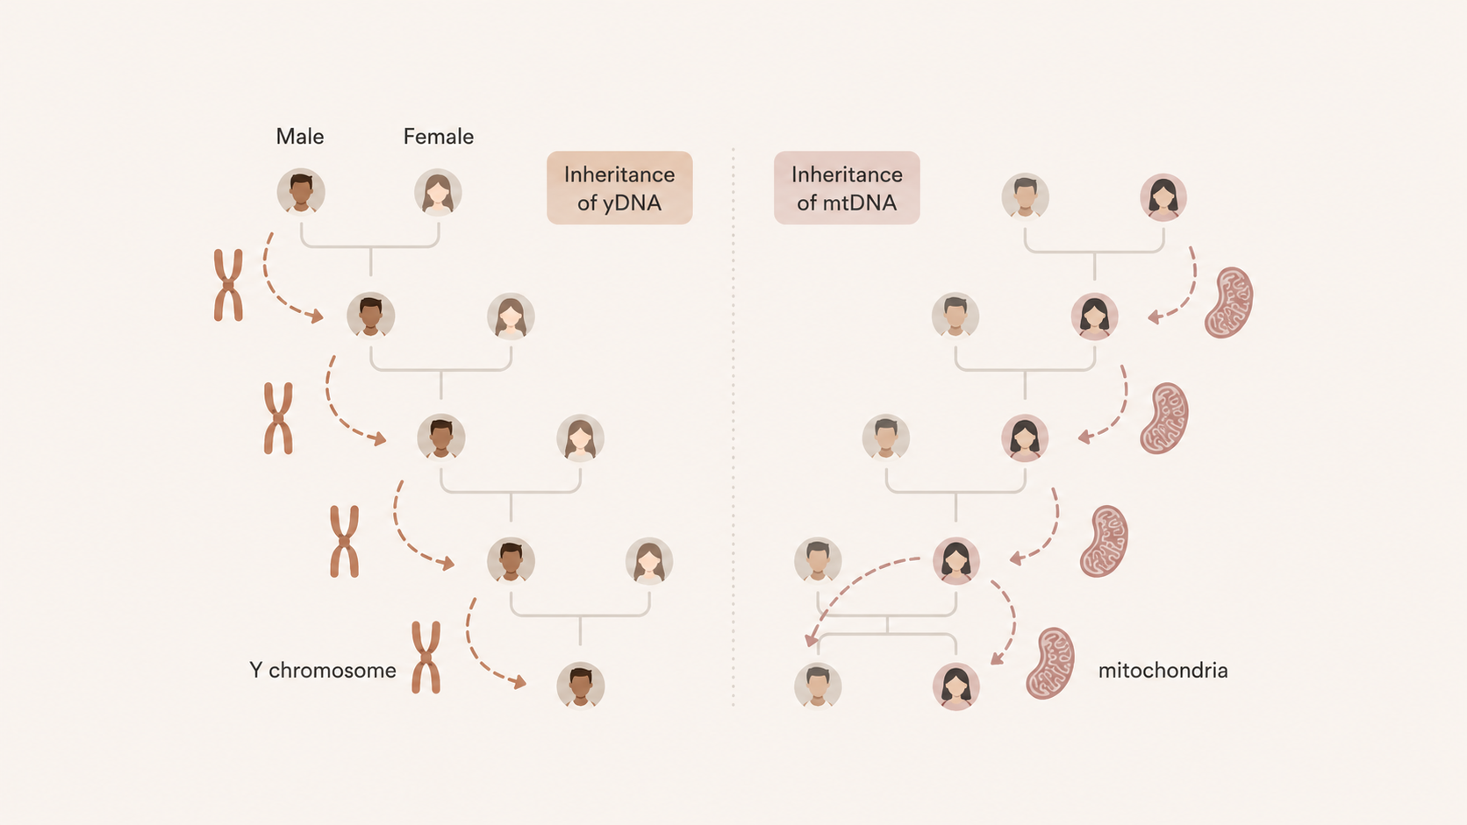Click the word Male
[x=300, y=137]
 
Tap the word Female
[x=438, y=137]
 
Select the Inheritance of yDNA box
[x=619, y=188]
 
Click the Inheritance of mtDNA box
[x=847, y=188]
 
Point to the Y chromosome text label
[x=323, y=671]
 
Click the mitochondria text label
[x=1163, y=671]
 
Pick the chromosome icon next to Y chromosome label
[x=426, y=658]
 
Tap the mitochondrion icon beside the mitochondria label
[x=1050, y=664]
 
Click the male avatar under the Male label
[x=301, y=192]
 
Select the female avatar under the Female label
[x=438, y=192]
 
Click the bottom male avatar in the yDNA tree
[x=580, y=685]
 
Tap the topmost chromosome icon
[x=229, y=285]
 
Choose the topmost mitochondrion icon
[x=1228, y=302]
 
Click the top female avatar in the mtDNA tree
[x=1163, y=197]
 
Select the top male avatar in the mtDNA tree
[x=1025, y=196]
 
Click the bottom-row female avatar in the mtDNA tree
[x=955, y=686]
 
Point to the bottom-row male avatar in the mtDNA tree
[x=818, y=685]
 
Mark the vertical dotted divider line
[x=733, y=427]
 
